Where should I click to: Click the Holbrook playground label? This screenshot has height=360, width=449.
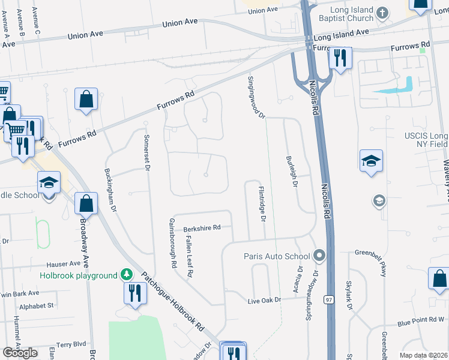79,275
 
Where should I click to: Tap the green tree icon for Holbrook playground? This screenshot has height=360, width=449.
127,275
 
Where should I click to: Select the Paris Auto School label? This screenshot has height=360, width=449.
277,256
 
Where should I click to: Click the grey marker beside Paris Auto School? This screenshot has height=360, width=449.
319,256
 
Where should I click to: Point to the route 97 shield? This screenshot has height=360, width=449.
328,299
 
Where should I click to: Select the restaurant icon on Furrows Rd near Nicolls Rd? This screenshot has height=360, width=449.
340,59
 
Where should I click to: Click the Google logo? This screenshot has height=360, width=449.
20,353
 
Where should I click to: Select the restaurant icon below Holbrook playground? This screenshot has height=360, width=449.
134,293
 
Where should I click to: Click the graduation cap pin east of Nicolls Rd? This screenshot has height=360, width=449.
371,161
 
